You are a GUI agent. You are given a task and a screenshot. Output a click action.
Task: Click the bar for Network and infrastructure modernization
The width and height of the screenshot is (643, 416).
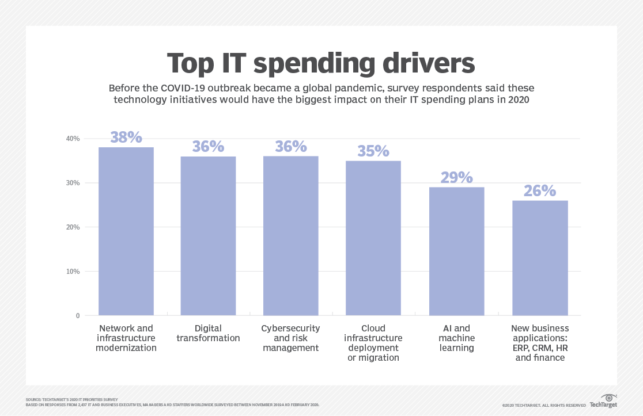[x=126, y=231]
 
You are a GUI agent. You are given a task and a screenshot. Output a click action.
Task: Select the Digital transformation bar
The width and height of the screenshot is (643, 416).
[x=208, y=236]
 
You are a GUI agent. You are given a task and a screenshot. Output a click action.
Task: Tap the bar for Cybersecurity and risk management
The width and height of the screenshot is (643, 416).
[x=290, y=236]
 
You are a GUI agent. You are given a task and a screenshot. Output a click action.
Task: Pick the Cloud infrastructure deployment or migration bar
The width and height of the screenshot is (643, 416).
[x=373, y=238]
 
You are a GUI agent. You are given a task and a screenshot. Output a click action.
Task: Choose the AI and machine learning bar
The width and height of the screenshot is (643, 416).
[x=456, y=251]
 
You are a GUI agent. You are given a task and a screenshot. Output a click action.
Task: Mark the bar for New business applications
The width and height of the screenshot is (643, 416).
[x=540, y=258]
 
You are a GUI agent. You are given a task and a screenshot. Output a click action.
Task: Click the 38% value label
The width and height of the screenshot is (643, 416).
[x=126, y=138]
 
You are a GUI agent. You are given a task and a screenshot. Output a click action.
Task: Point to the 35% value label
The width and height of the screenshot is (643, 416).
[x=373, y=151]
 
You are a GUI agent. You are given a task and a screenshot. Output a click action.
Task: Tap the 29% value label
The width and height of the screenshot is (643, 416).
[x=456, y=177]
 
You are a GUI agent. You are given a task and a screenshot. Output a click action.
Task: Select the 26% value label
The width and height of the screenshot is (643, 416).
[x=540, y=190]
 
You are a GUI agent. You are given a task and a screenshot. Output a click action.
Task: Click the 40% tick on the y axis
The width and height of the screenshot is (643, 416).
[x=73, y=139]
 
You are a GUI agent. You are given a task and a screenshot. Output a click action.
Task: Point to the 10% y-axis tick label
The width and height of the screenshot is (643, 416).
[x=73, y=272]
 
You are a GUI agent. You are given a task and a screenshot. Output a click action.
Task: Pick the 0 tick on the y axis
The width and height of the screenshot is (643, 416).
[x=77, y=316]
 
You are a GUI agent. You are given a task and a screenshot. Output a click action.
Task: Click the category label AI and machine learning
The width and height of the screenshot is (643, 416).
[x=456, y=338]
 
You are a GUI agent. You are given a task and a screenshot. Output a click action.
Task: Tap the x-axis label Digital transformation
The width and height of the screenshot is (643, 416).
[x=208, y=333]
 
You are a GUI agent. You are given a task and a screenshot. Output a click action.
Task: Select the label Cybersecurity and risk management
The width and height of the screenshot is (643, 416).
[x=290, y=338]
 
